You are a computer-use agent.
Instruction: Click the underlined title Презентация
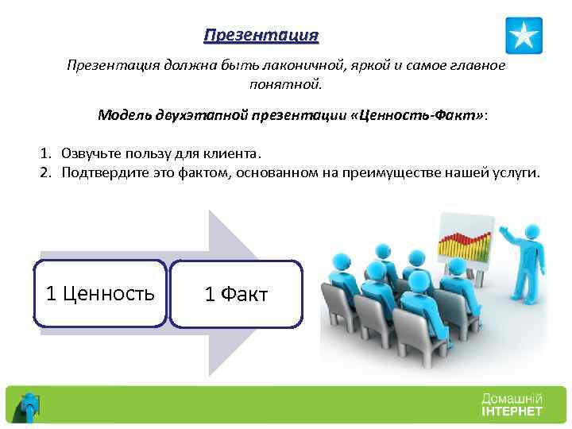tap(261, 36)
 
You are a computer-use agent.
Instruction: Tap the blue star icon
tap(524, 36)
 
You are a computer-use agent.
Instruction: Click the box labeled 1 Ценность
tap(101, 294)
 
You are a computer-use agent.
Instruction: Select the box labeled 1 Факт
tap(236, 295)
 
